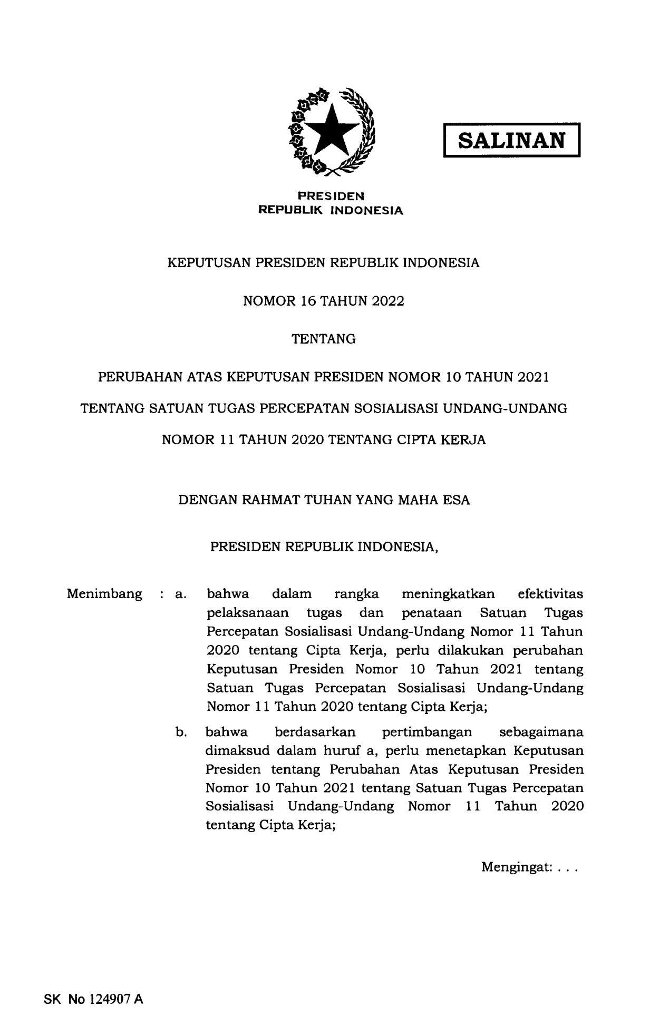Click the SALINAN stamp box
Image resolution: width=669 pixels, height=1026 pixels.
pyautogui.click(x=511, y=140)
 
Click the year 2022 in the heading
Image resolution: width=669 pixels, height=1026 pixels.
pyautogui.click(x=387, y=301)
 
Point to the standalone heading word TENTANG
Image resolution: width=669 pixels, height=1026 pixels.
pyautogui.click(x=324, y=339)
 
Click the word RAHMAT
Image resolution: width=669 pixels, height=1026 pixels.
pyautogui.click(x=268, y=500)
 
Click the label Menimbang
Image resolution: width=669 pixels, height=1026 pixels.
pyautogui.click(x=104, y=594)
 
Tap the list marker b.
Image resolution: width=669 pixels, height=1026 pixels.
pyautogui.click(x=181, y=732)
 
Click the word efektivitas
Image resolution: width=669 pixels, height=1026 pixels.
pyautogui.click(x=550, y=594)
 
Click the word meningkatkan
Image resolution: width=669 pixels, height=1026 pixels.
pyautogui.click(x=448, y=594)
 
